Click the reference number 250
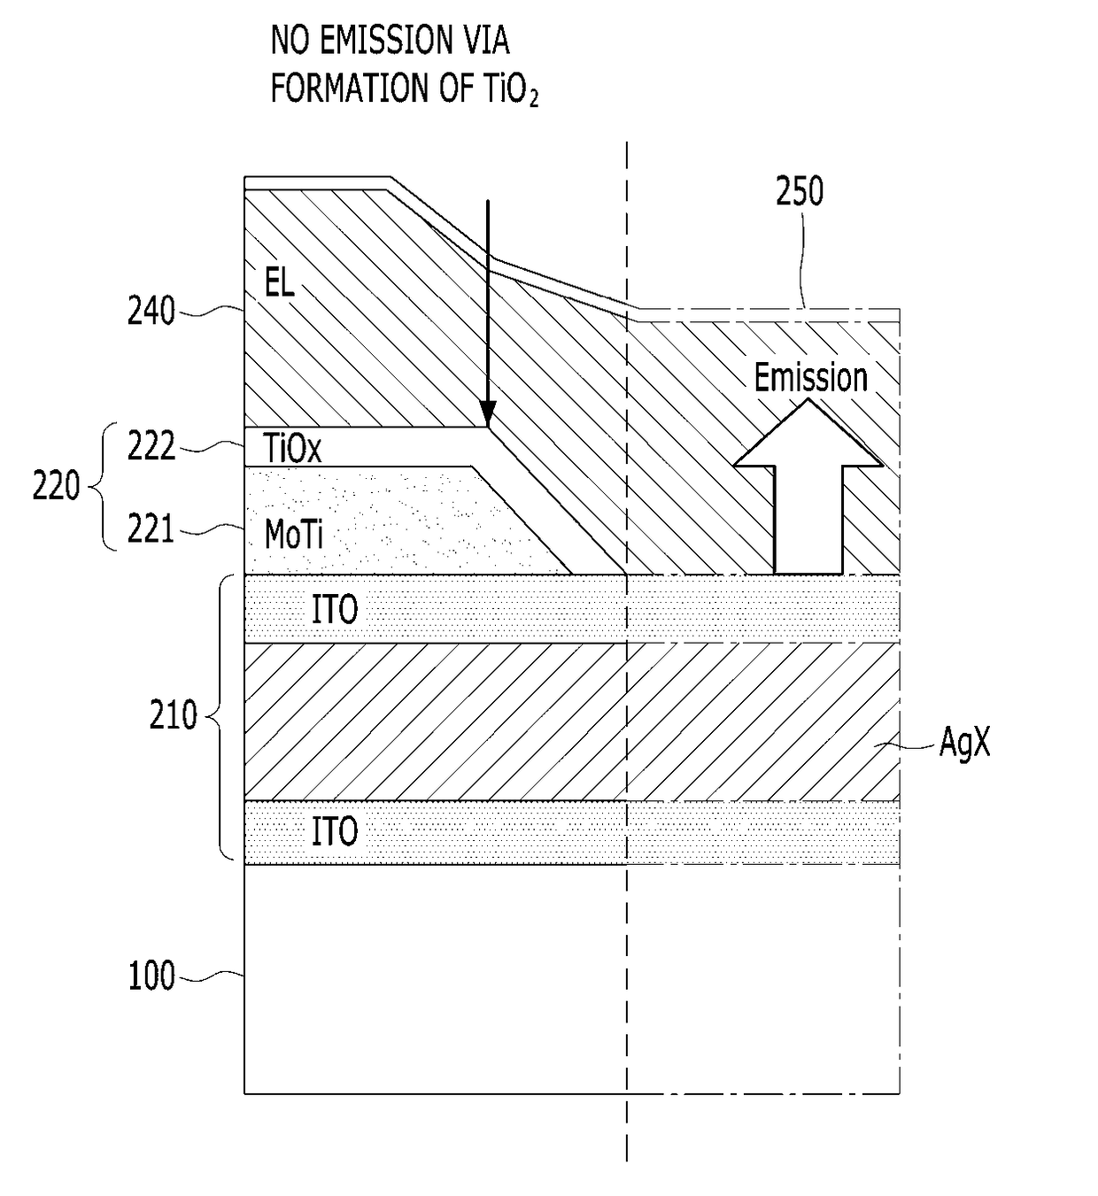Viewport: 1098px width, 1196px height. point(800,191)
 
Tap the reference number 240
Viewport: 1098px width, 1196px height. point(151,311)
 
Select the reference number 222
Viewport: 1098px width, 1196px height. point(151,445)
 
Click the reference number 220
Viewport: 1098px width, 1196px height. point(56,485)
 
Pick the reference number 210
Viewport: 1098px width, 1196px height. point(173,715)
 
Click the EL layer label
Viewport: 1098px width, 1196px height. point(279,282)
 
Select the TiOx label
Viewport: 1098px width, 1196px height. point(292,448)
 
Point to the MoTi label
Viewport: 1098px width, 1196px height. point(294,534)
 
